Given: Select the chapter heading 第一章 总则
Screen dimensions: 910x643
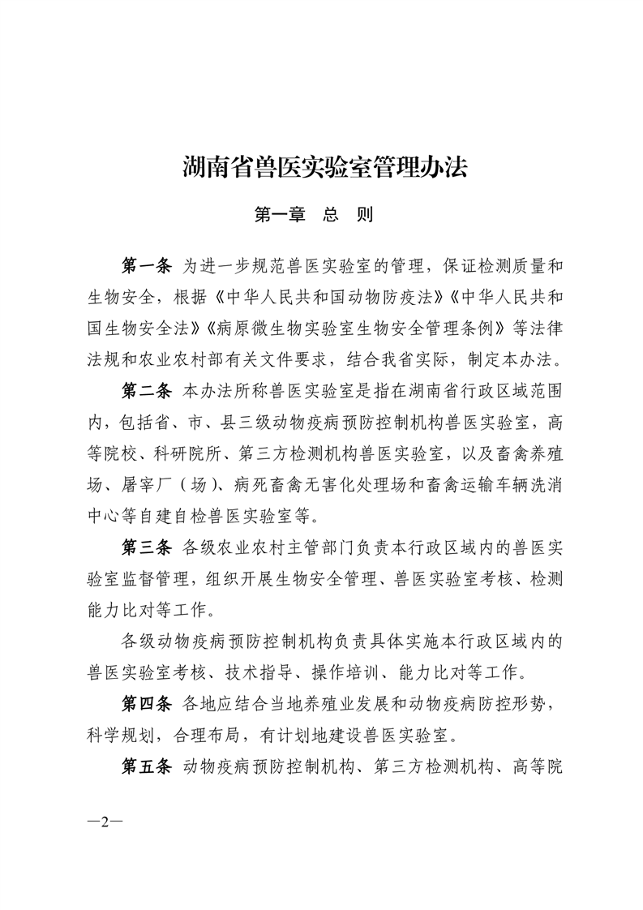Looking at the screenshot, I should [x=313, y=216].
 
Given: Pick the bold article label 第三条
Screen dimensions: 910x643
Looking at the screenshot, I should [x=146, y=547].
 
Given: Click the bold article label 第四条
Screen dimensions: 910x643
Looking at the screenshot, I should [x=146, y=703].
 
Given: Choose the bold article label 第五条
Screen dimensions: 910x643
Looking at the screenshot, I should [x=146, y=766].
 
